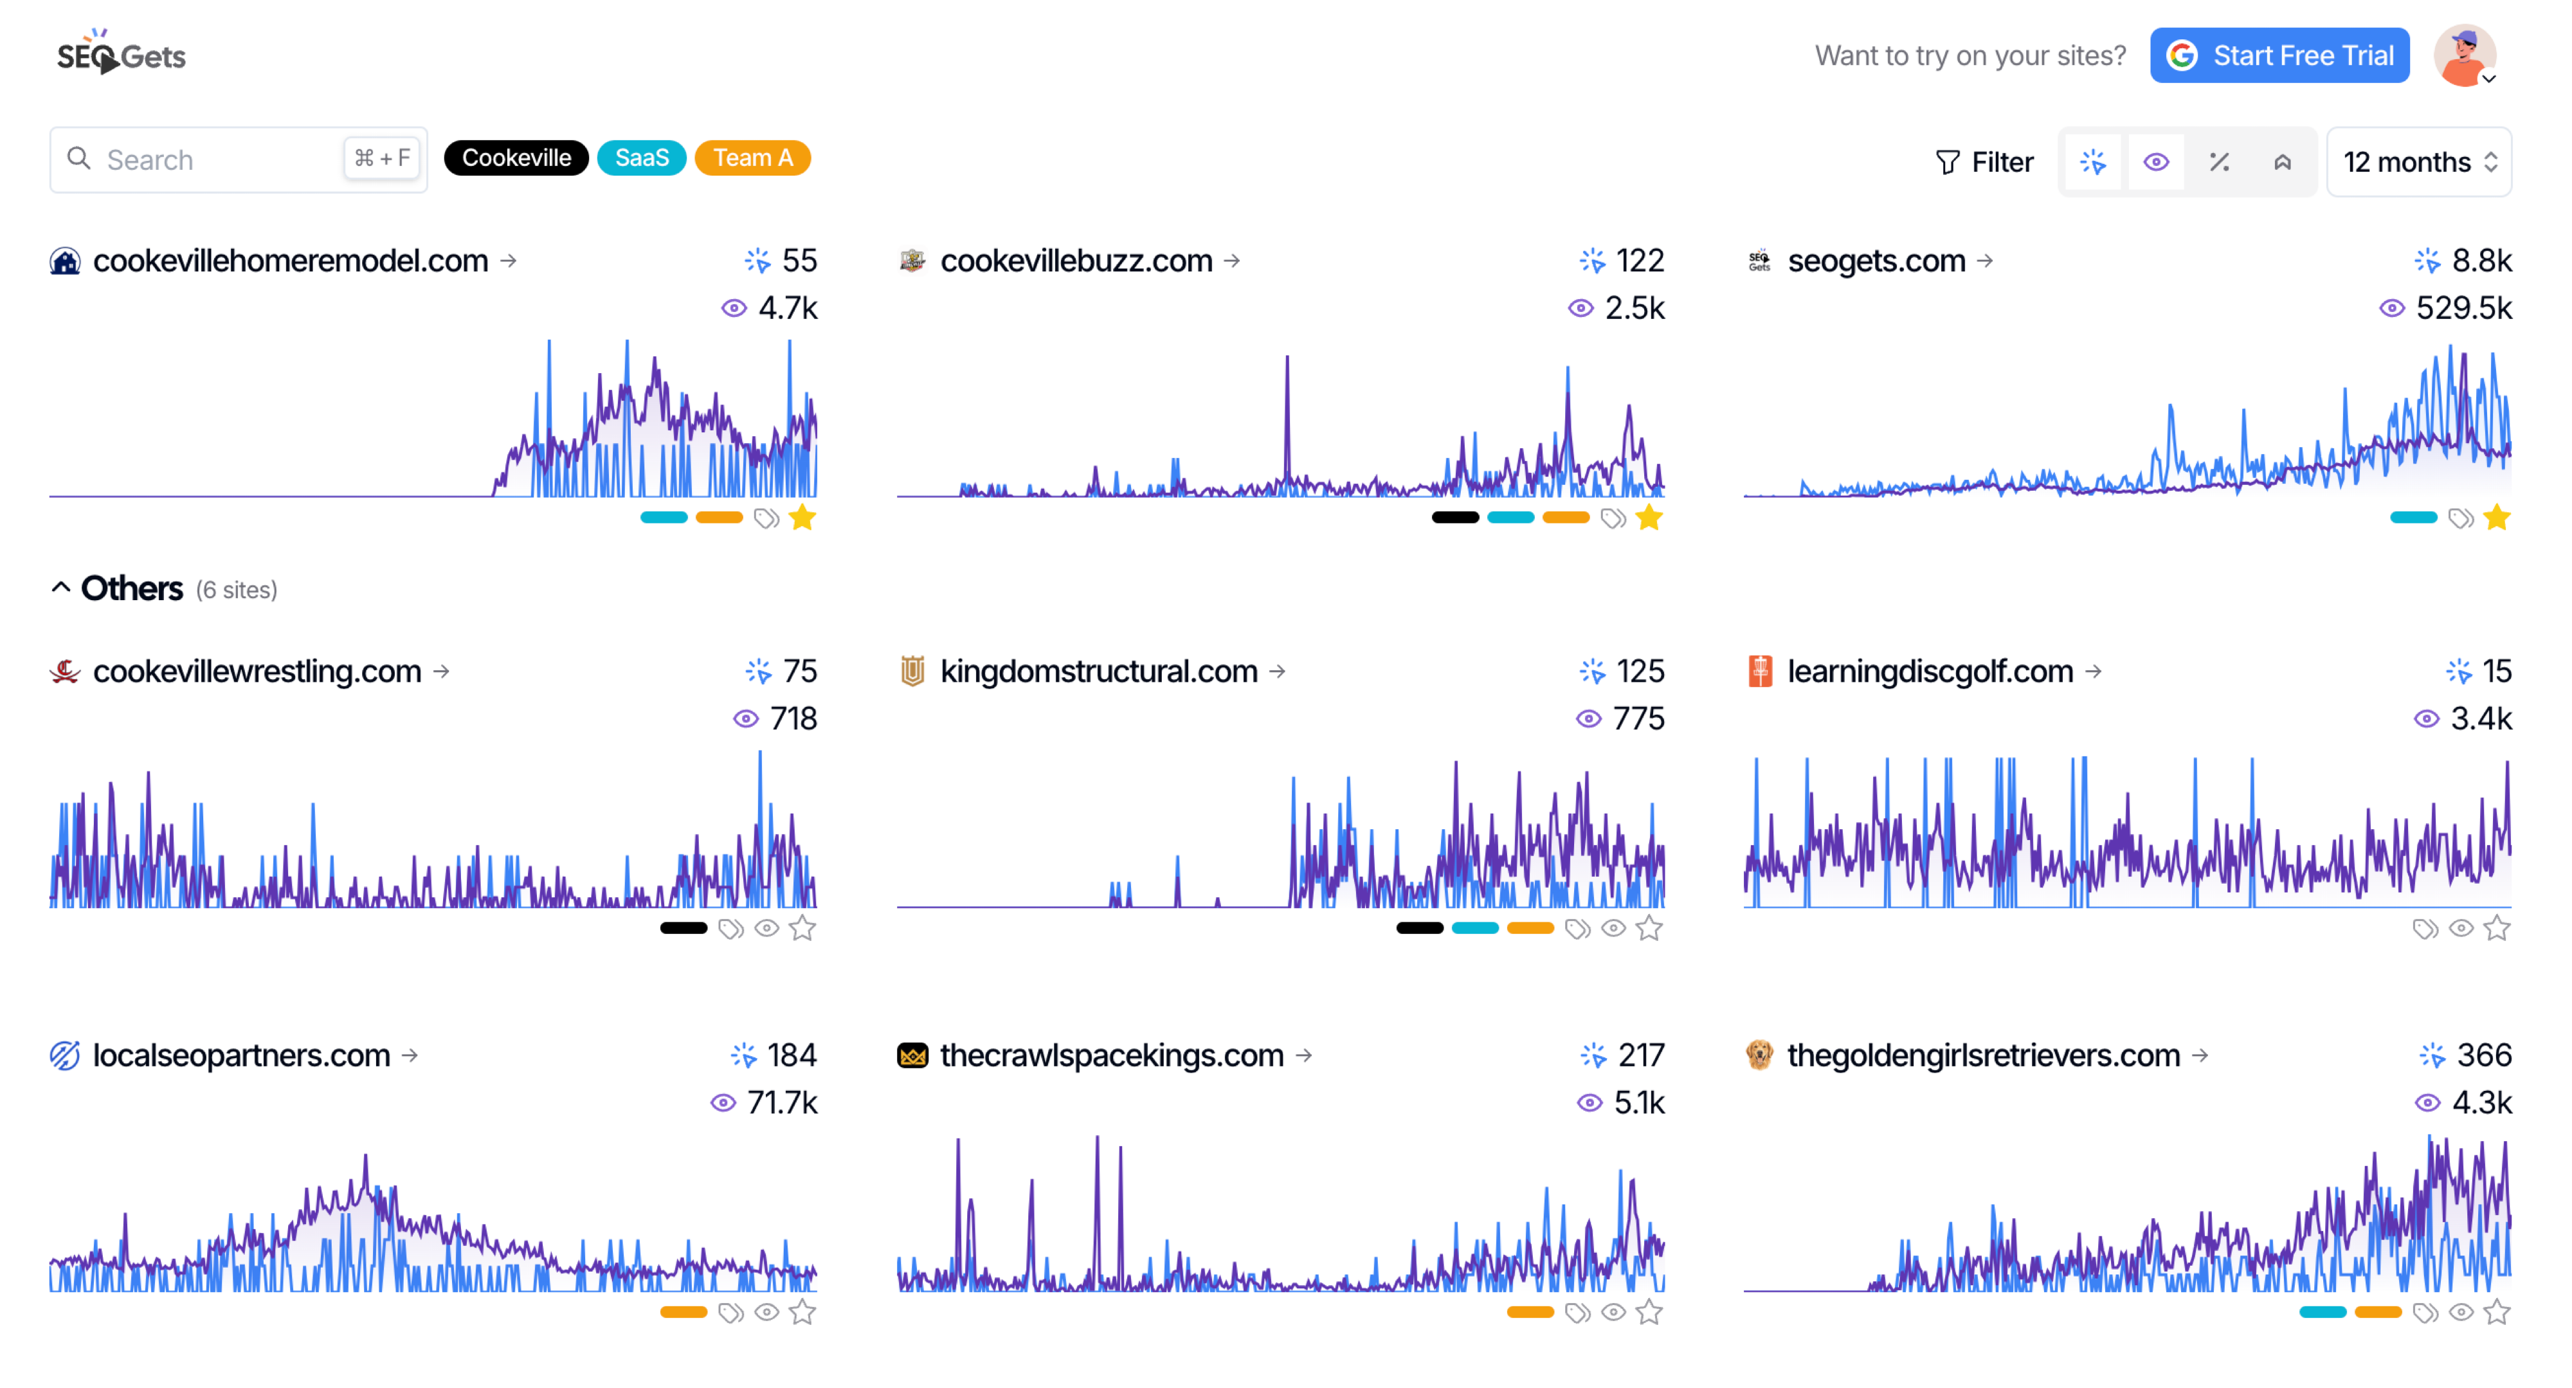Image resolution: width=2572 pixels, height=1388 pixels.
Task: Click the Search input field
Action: point(220,160)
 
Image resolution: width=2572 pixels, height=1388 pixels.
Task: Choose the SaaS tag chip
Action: point(641,158)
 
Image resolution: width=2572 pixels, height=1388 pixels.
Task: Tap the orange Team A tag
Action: point(752,158)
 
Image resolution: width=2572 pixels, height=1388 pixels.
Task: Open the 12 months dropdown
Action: point(2418,162)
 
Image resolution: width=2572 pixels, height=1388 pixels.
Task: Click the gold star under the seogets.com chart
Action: point(2496,517)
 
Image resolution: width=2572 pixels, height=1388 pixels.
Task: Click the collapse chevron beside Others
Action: point(61,588)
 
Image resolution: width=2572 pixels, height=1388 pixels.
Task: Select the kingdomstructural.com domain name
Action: point(1098,671)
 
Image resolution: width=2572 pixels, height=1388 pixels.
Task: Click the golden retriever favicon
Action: point(1759,1054)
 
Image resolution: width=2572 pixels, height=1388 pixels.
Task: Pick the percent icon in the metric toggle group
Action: point(2218,162)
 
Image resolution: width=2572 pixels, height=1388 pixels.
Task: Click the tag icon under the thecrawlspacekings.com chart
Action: point(1577,1312)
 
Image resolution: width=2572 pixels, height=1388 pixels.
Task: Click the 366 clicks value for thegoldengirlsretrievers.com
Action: point(2483,1054)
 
